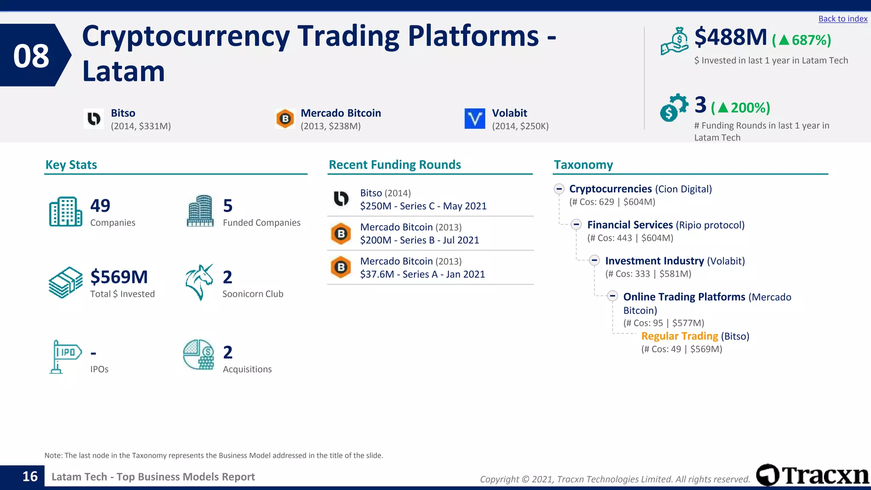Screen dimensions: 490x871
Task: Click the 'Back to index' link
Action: (x=843, y=19)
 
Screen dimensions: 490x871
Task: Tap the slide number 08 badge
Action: (x=31, y=56)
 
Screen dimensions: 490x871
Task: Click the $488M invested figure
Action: (x=730, y=37)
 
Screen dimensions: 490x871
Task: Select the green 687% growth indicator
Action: (x=802, y=40)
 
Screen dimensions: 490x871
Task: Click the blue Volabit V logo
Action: (x=475, y=118)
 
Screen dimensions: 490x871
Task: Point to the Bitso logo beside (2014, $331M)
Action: (x=94, y=119)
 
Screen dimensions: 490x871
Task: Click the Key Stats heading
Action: (x=71, y=165)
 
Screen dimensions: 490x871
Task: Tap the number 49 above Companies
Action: (x=100, y=206)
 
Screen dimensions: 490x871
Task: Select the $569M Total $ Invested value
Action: (x=119, y=277)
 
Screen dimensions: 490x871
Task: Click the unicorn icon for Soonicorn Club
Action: (x=199, y=282)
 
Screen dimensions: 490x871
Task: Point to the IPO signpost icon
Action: (x=64, y=356)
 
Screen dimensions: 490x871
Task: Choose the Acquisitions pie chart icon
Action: (x=198, y=355)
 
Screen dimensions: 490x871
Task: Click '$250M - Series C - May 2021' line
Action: (x=423, y=206)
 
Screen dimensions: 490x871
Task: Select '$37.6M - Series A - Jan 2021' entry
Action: (x=422, y=274)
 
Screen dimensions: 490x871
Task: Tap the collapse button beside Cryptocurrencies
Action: (x=559, y=189)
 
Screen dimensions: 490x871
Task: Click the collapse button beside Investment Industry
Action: (x=595, y=260)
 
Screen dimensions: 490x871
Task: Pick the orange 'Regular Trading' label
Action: (x=679, y=336)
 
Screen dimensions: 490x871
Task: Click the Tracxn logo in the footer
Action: (x=812, y=475)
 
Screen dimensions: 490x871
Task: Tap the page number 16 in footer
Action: (x=30, y=476)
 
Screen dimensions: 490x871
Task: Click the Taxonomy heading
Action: (x=583, y=165)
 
